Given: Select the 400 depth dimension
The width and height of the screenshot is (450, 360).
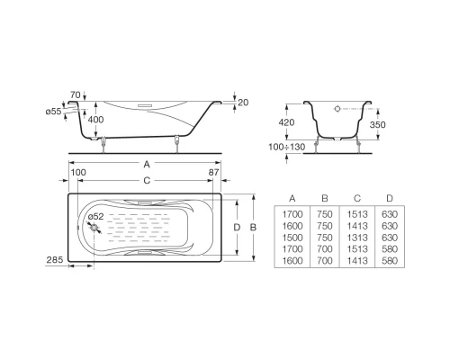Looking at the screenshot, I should (x=94, y=120).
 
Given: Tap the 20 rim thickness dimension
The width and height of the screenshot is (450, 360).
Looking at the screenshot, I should (x=243, y=103).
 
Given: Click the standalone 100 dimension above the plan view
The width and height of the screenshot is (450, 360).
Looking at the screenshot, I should (x=77, y=171).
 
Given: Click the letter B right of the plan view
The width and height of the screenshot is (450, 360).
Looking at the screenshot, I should (x=255, y=228).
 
